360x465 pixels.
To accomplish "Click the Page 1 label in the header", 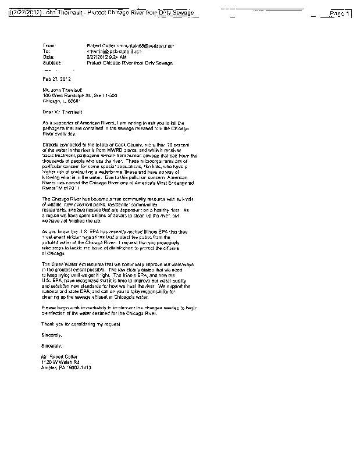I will coord(340,13).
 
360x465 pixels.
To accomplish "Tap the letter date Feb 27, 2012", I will coord(56,78).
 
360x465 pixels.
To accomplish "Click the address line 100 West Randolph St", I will coord(72,95).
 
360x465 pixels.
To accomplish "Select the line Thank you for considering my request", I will coord(89,323).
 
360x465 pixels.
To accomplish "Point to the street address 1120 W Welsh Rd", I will coord(63,362).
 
